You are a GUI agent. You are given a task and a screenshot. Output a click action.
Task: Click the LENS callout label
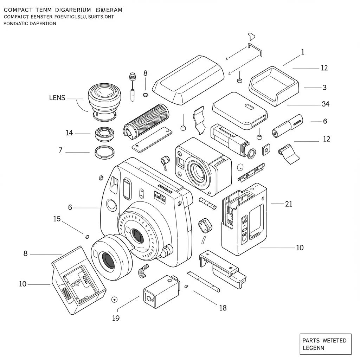click(57, 98)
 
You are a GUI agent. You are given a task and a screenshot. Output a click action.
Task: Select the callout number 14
click(69, 133)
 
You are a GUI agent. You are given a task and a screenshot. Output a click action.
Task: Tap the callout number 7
click(60, 150)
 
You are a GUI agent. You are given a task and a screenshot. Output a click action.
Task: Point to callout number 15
click(57, 219)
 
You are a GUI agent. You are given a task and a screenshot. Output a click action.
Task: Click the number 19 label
click(116, 318)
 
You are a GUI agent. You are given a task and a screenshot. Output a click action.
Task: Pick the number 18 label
click(223, 308)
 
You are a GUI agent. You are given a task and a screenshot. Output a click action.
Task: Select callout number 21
click(288, 204)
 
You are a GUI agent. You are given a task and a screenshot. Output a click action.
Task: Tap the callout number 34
click(325, 104)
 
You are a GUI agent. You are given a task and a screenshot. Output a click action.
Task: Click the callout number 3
click(324, 87)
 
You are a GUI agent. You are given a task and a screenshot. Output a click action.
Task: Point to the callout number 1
click(303, 52)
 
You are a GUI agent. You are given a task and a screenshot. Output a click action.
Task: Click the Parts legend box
click(325, 344)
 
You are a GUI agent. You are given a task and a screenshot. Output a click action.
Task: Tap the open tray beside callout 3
click(274, 85)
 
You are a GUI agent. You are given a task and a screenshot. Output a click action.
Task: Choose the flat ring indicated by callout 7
click(105, 152)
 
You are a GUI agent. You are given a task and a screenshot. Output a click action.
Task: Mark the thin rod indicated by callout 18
click(204, 281)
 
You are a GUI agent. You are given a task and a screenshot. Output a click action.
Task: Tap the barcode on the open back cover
click(66, 294)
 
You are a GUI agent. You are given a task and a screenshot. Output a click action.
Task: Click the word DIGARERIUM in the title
click(68, 10)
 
